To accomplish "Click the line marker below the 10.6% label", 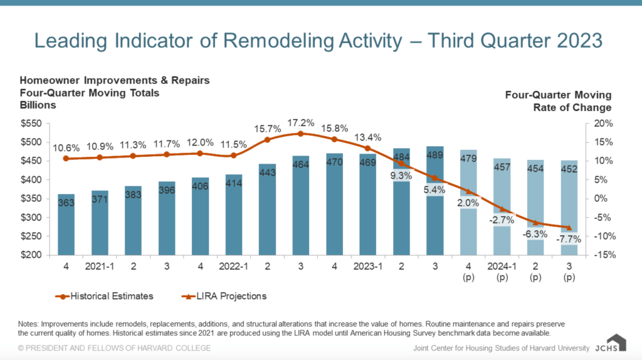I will [x=66, y=159].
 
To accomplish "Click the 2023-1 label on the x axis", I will [x=367, y=267].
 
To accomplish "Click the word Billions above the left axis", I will [x=38, y=105].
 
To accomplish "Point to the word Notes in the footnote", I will [x=31, y=324].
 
